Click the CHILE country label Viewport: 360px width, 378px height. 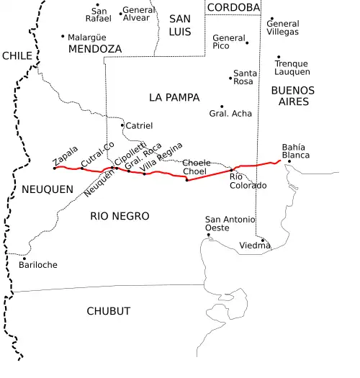coord(17,55)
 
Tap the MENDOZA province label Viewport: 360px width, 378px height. coord(94,49)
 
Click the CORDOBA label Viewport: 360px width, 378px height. coord(233,7)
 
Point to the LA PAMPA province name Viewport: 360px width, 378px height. coord(174,97)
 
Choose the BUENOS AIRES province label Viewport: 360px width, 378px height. coord(292,96)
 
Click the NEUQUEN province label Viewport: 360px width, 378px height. coord(48,189)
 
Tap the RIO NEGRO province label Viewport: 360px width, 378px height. coord(120,216)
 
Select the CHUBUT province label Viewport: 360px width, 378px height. coord(108,311)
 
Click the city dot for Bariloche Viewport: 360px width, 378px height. coord(24,258)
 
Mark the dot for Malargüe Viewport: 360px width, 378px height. coord(63,36)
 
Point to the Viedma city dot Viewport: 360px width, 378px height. coord(263,240)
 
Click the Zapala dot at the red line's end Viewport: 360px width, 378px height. coord(55,168)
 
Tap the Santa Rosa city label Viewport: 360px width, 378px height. coord(245,77)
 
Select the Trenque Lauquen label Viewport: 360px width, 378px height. coord(292,68)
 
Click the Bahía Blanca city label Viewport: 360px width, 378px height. coord(295,151)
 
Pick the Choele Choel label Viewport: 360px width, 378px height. coord(196,167)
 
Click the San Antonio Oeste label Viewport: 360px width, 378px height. coord(230,223)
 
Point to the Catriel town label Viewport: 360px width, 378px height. coord(139,125)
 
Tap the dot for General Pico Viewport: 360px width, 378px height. coord(247,42)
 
